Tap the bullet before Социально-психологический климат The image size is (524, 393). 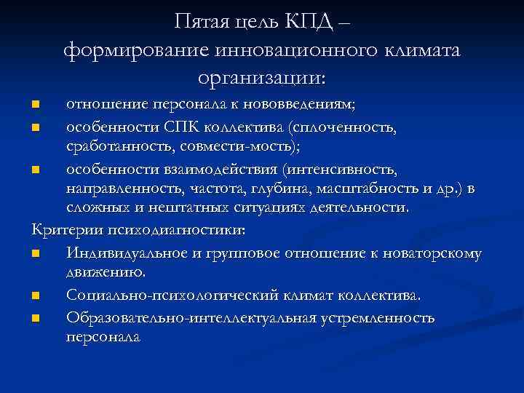(x=36, y=297)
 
